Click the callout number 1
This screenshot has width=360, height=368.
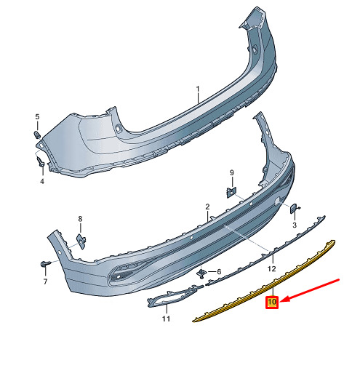point(198,89)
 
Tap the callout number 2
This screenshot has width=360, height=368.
point(207,207)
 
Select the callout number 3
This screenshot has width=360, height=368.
point(295,225)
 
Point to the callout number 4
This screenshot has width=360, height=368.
point(42,181)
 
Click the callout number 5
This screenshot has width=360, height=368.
point(37,117)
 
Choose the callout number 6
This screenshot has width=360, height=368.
point(219,272)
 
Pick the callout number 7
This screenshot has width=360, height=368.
point(45,281)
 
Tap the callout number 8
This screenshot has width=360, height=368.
point(80,219)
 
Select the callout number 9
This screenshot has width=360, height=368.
point(232,172)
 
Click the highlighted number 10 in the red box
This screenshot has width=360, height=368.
point(272,302)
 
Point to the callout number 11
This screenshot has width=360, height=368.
point(166,319)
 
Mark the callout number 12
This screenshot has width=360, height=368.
point(272,268)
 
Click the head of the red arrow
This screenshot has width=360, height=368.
point(281,302)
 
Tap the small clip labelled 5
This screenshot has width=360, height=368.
point(36,135)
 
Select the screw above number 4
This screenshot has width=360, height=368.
point(40,161)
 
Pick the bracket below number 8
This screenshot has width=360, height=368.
point(81,241)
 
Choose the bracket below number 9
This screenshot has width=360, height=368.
point(231,192)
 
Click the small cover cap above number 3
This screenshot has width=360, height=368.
point(295,209)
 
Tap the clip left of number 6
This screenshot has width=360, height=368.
point(201,273)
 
